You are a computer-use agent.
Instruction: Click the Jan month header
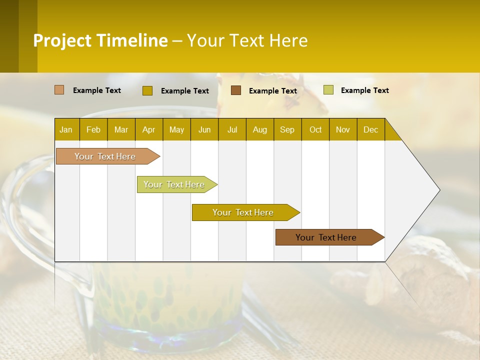(x=66, y=129)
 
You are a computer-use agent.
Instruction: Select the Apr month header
(x=148, y=129)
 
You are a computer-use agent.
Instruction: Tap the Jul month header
(x=232, y=129)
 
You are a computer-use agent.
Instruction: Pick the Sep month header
(x=287, y=129)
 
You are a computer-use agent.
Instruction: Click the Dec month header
(x=370, y=129)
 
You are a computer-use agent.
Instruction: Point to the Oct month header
(x=315, y=129)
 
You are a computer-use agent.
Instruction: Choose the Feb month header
(x=93, y=129)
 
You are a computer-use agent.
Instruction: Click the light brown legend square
(x=59, y=90)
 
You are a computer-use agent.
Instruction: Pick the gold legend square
(x=147, y=90)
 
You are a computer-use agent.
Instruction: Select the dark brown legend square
(x=236, y=90)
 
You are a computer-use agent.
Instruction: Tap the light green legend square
(x=328, y=90)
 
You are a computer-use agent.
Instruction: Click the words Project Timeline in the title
(x=100, y=40)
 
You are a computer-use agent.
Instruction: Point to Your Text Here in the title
(x=247, y=40)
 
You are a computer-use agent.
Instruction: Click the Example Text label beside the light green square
(x=364, y=90)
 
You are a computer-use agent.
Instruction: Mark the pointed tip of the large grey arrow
(x=439, y=190)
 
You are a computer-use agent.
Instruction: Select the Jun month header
(x=204, y=129)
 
